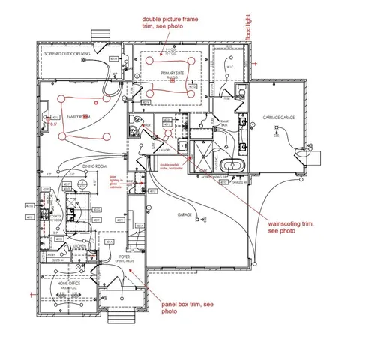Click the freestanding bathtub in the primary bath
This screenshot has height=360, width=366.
(x=232, y=165)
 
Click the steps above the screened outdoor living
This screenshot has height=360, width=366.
(x=97, y=35)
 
